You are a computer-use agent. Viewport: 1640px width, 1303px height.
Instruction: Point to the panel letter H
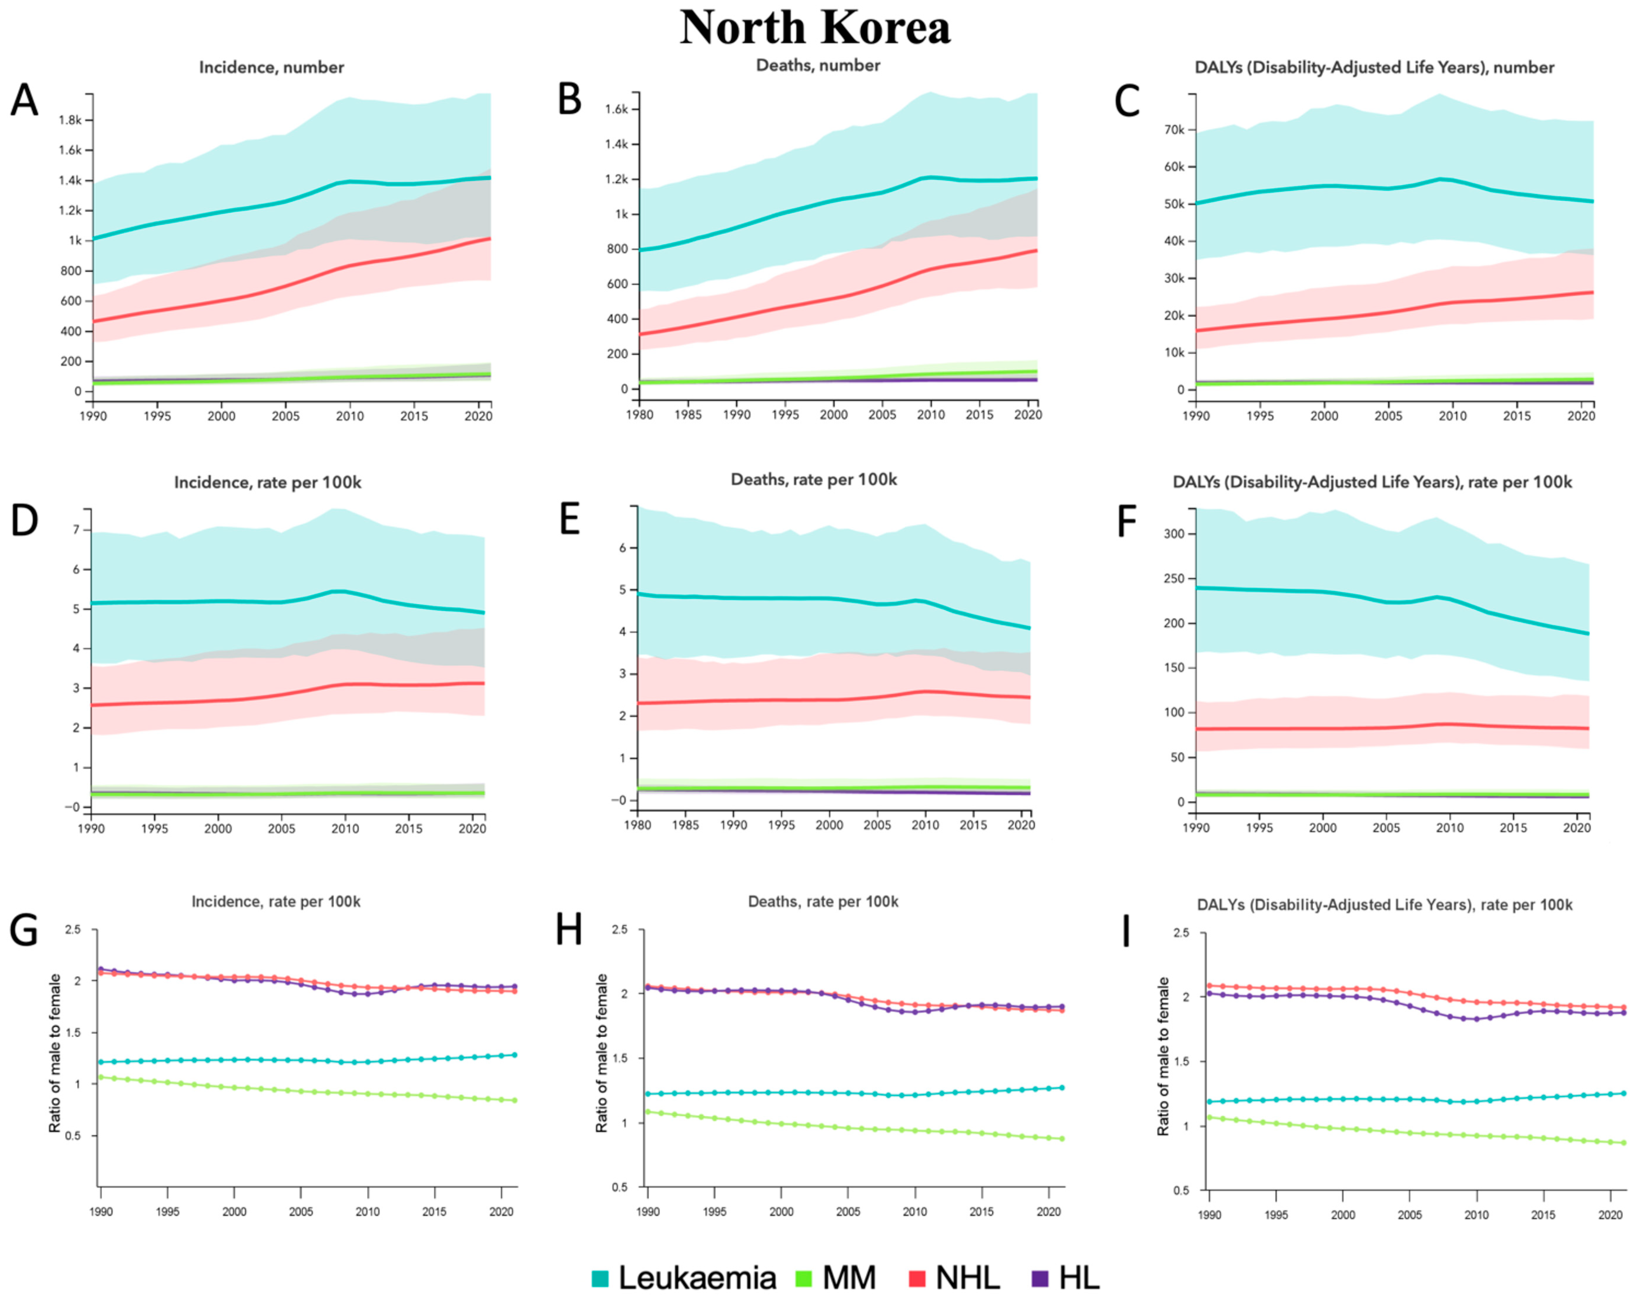[x=569, y=929]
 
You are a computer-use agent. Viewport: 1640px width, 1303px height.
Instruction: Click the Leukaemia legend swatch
[x=600, y=1279]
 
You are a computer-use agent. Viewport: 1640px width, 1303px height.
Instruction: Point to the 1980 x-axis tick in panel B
[x=640, y=414]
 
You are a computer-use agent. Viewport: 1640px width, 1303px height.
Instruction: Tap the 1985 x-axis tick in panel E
[x=685, y=825]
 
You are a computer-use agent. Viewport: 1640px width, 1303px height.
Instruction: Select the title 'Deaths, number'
[x=818, y=65]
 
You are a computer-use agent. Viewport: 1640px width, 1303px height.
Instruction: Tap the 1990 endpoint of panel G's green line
[x=101, y=1077]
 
